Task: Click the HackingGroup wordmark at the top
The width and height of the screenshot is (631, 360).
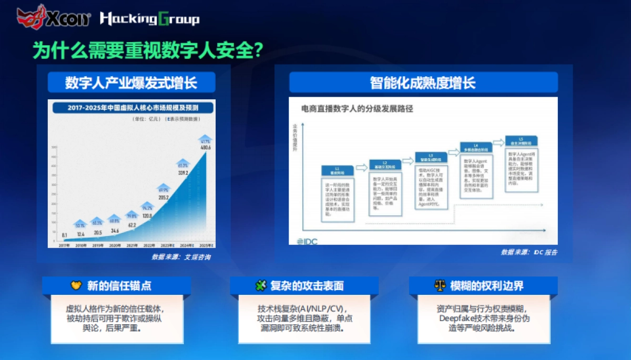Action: coord(149,19)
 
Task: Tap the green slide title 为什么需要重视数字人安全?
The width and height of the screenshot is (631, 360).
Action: coord(148,51)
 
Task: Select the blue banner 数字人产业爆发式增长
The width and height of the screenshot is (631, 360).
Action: coord(131,83)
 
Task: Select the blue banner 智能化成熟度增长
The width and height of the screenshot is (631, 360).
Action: coord(423,83)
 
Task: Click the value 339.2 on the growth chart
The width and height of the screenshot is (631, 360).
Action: coord(183,172)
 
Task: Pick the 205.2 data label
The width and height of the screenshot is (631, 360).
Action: coord(164,198)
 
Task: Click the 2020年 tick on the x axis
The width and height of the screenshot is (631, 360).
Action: coord(114,245)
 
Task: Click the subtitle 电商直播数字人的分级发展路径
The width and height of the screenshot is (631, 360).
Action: coord(357,109)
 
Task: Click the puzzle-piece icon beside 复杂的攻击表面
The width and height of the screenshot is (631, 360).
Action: coord(260,286)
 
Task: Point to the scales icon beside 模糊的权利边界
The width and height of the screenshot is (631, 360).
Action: coord(439,286)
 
